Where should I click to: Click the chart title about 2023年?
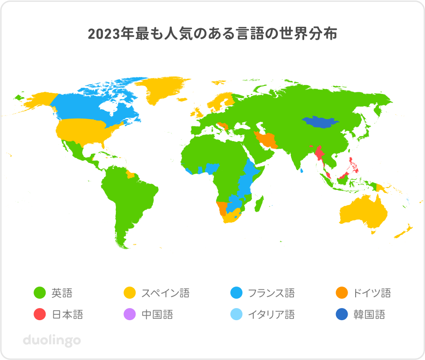pos(212,34)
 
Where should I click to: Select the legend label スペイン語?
pos(165,293)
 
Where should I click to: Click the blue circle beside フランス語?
pos(236,293)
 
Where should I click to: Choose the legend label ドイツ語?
pos(372,293)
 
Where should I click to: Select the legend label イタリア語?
pos(271,314)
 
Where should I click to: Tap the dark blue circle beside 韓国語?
pos(342,314)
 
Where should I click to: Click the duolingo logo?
pos(52,340)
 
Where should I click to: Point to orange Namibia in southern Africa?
pos(221,208)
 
